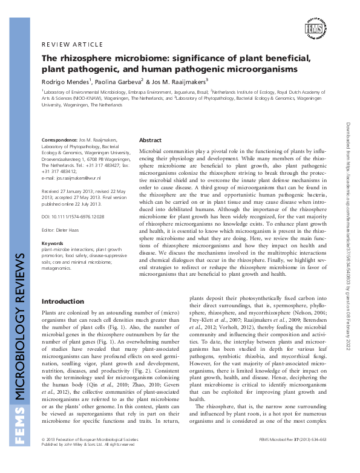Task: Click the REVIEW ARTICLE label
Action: [67, 45]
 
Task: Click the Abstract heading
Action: [150, 140]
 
